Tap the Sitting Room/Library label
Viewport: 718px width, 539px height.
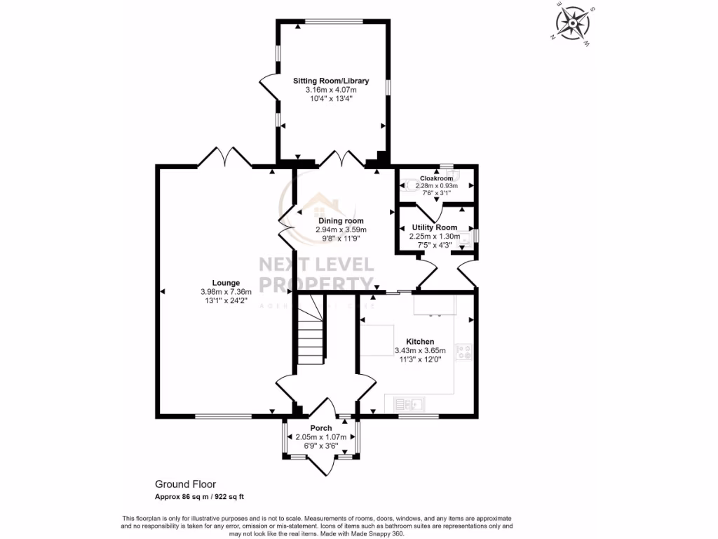(x=330, y=81)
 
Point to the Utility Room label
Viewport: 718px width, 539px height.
(x=434, y=227)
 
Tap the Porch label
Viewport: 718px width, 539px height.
(x=321, y=428)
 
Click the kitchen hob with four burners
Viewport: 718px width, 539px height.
(x=464, y=352)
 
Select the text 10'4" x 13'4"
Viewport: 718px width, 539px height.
(x=330, y=99)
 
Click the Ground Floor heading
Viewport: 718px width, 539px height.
(x=185, y=484)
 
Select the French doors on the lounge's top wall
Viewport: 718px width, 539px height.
(x=225, y=159)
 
